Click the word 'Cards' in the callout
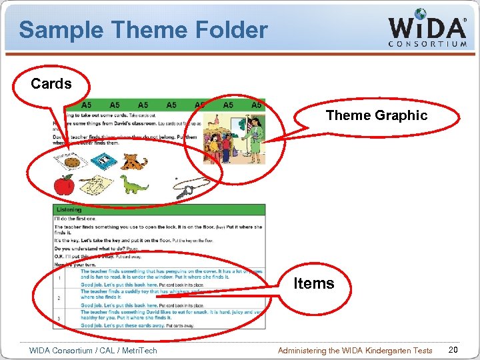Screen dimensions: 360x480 click(x=51, y=84)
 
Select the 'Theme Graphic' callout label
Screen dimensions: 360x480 click(x=376, y=115)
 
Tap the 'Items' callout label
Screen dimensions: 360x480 click(x=314, y=283)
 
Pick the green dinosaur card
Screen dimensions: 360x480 click(x=135, y=185)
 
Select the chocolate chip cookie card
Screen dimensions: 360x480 click(x=74, y=161)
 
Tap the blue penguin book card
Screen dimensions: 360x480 click(x=103, y=161)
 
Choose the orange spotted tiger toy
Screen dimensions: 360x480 click(x=135, y=161)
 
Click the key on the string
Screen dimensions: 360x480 click(x=184, y=191)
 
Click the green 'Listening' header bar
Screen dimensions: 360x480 click(x=159, y=209)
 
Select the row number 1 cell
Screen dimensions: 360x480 click(x=59, y=279)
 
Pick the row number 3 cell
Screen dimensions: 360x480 click(x=59, y=319)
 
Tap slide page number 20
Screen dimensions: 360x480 click(x=453, y=350)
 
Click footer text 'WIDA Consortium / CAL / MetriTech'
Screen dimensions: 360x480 click(x=93, y=350)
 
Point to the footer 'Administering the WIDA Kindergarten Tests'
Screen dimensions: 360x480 click(x=354, y=350)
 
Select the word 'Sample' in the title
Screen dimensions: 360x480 click(x=60, y=29)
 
